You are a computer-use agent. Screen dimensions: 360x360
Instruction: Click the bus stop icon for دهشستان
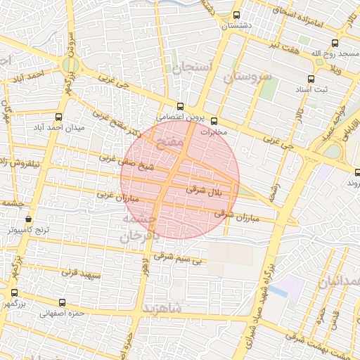(x=236, y=15)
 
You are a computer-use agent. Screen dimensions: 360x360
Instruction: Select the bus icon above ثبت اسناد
(x=311, y=79)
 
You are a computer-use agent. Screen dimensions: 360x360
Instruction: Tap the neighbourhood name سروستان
(x=247, y=77)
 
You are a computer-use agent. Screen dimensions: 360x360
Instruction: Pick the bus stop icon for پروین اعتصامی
(x=180, y=106)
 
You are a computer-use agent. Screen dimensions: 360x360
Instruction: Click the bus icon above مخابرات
(x=214, y=121)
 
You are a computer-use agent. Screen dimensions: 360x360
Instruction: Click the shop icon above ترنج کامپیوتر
(x=28, y=219)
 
